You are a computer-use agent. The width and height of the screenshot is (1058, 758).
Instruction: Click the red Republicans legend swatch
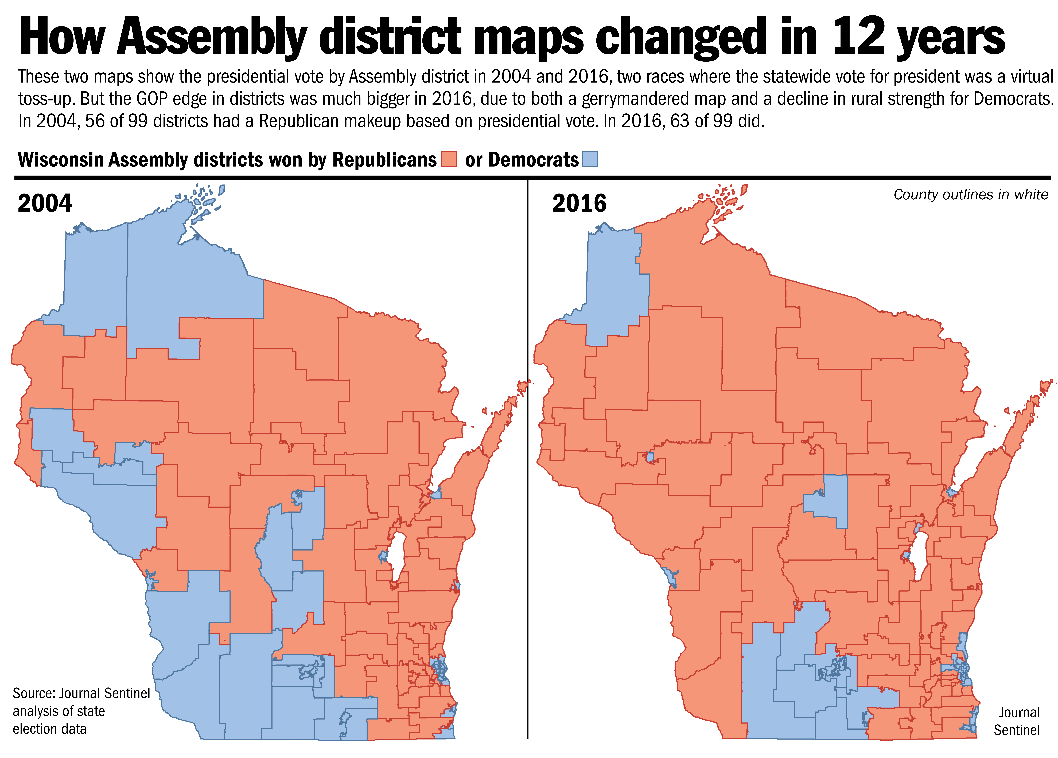pyautogui.click(x=449, y=159)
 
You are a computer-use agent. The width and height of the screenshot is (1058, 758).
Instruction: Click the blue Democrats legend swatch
pyautogui.click(x=590, y=159)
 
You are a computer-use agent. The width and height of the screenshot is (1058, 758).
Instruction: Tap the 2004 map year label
pyautogui.click(x=45, y=203)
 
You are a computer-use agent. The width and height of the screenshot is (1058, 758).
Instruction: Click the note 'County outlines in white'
pyautogui.click(x=971, y=195)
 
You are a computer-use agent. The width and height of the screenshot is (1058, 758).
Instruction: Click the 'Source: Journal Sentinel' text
pyautogui.click(x=81, y=693)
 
